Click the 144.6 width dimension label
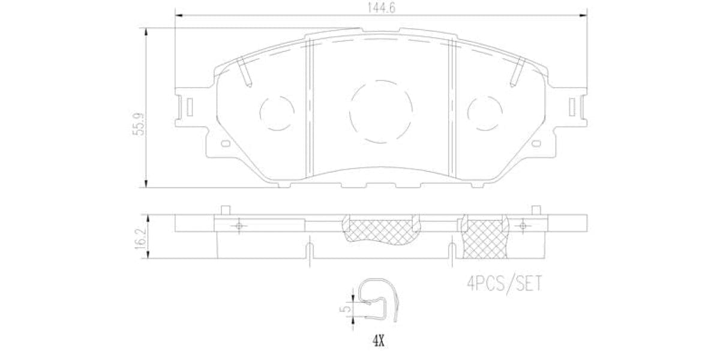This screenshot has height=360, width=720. [380, 9]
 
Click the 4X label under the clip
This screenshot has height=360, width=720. [378, 342]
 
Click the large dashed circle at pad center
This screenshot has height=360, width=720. [381, 112]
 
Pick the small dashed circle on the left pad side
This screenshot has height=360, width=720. [277, 112]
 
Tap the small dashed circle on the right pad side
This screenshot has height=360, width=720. [485, 112]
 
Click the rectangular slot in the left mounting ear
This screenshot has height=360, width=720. [189, 108]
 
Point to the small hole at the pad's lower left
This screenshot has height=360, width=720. [225, 143]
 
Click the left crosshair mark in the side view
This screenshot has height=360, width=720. [239, 226]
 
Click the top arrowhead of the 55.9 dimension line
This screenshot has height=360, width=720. [146, 31]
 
